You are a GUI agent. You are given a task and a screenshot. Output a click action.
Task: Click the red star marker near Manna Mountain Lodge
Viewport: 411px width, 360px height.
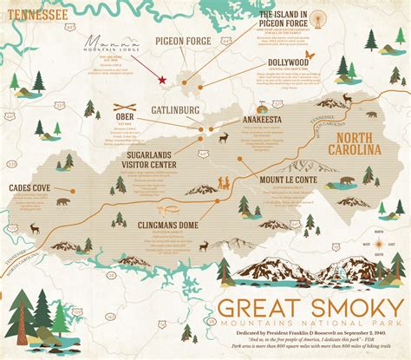coord(161,79)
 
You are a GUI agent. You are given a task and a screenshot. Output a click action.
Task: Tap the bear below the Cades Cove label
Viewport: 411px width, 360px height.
coord(62,201)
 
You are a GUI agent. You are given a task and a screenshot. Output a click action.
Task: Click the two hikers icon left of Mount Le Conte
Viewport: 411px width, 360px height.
coord(225,184)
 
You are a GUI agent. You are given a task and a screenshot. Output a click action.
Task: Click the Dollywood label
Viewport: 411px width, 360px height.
coord(288,62)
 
